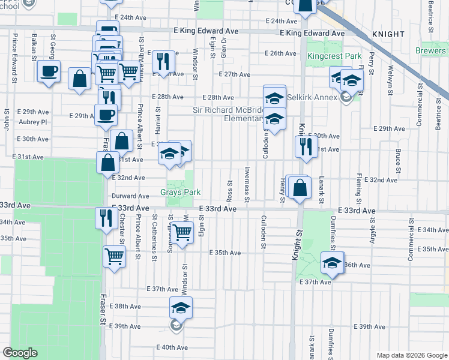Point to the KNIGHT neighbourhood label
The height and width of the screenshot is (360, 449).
388,34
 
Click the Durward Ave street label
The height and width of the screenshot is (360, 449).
130,196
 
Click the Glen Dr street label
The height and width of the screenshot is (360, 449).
223,40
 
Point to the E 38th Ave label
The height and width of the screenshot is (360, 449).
128,307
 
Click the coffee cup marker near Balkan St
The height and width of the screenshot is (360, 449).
49,72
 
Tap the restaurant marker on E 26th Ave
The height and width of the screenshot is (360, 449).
163,61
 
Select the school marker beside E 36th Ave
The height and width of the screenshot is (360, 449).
332,263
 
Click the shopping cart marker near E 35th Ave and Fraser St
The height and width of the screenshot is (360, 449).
114,257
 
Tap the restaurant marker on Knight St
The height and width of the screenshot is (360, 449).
306,146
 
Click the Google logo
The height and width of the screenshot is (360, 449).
20,353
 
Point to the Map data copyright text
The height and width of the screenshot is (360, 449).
412,355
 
